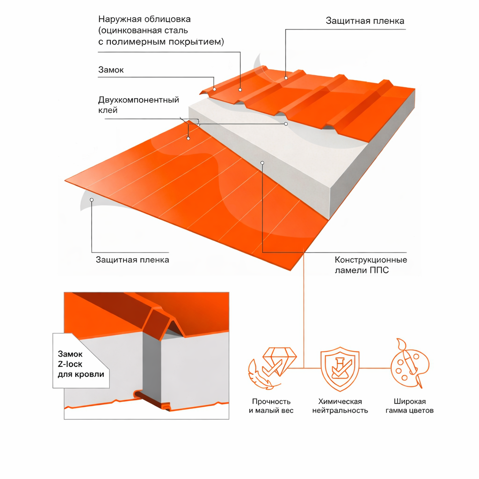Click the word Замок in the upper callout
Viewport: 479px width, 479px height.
111,70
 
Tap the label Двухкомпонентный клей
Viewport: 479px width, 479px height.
138,105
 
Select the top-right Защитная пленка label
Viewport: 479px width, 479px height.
365,21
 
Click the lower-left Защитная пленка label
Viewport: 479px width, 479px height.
132,260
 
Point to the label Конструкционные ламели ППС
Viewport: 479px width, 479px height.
371,265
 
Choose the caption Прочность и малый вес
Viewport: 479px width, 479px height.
271,406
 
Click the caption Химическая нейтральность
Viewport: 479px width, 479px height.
340,406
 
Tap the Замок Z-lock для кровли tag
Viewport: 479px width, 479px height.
80,364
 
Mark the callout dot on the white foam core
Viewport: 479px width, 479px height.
262,162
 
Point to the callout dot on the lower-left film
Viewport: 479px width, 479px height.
92,200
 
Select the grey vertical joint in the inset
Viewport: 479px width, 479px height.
151,365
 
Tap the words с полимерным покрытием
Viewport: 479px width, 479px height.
161,42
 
